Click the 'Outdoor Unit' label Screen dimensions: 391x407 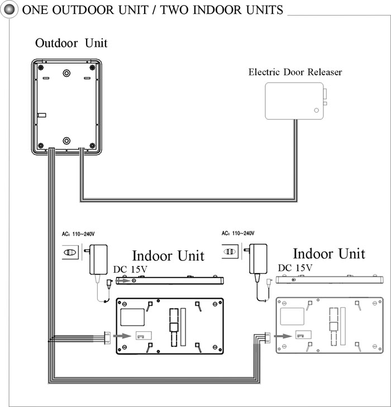tap(71, 43)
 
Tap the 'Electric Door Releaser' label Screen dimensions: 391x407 tap(295, 72)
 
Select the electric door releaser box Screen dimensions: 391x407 tap(295, 101)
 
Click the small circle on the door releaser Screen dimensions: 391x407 tap(316, 110)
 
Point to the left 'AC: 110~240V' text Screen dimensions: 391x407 tap(78, 234)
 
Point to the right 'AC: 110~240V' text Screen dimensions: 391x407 tap(238, 234)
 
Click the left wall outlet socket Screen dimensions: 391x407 tap(70, 252)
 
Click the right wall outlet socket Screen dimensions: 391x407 tap(230, 251)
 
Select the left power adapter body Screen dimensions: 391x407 tap(98, 259)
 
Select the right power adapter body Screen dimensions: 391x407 tap(258, 259)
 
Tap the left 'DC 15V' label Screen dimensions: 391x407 tap(130, 269)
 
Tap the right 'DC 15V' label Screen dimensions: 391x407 tap(295, 268)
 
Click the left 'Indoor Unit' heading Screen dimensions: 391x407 tap(168, 256)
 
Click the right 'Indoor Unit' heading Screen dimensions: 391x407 tap(329, 254)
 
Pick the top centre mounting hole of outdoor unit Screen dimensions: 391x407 tap(66, 73)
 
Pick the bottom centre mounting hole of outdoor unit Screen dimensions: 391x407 tap(66, 140)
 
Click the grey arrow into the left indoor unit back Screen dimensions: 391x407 tap(122, 336)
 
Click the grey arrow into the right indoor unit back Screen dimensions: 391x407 tap(283, 336)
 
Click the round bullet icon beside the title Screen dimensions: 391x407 tap(9, 9)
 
